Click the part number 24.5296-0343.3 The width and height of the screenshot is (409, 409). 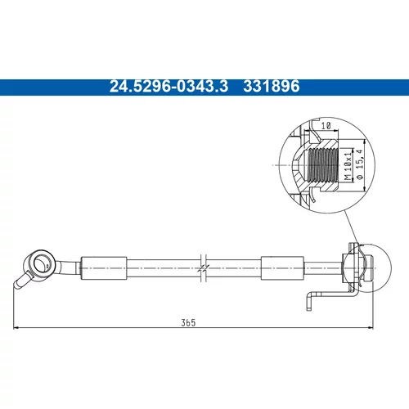[169, 87]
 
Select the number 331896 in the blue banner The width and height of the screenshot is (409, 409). [272, 87]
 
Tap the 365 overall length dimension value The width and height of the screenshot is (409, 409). [188, 322]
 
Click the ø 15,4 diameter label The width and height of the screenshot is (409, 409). [360, 164]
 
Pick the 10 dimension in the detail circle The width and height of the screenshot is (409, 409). [326, 126]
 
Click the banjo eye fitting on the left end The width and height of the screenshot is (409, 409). [40, 263]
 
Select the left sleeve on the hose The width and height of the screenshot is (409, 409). [104, 268]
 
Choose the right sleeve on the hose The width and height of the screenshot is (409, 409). [282, 268]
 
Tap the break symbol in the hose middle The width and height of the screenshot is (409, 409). [204, 268]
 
